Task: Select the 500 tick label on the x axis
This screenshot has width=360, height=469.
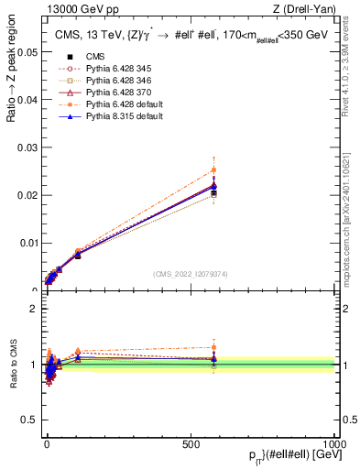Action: pos(191,442)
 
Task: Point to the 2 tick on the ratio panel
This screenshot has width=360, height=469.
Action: pos(33,309)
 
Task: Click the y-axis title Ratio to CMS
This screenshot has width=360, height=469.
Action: pos(13,365)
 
